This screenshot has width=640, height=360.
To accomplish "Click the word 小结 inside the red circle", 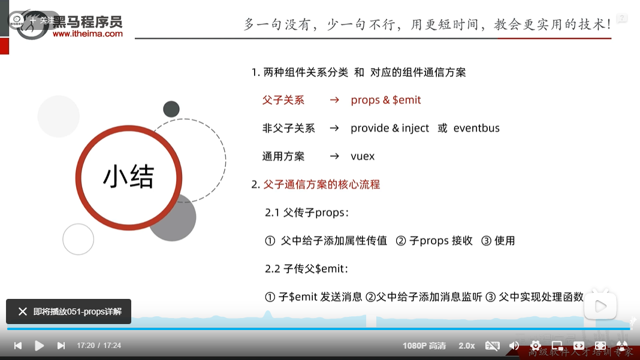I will [129, 177].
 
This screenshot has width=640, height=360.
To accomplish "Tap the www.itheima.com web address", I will [87, 34].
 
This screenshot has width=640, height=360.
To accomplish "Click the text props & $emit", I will [386, 100].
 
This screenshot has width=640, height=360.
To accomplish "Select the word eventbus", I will [476, 128].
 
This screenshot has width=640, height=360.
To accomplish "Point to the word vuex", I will [363, 156].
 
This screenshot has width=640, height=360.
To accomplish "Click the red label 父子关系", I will [283, 100].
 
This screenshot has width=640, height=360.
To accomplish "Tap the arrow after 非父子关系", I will [334, 128].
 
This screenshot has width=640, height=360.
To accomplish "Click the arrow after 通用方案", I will [334, 156].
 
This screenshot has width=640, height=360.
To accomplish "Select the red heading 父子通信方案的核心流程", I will [322, 184].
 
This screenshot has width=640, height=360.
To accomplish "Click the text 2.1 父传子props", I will [307, 213].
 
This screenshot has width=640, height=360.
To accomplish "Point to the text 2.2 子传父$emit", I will [306, 269].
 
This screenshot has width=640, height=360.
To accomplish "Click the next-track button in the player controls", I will [61, 346].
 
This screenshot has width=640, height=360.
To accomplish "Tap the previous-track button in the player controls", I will [18, 346].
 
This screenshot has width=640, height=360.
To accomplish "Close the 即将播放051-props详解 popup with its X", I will [23, 311].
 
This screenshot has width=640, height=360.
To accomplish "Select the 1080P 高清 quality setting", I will [424, 346].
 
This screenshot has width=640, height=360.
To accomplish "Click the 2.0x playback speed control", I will [467, 346].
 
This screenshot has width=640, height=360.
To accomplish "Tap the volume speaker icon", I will [514, 346].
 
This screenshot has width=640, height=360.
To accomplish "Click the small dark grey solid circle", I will [171, 109].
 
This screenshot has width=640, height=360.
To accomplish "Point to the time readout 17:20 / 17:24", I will [99, 346].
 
